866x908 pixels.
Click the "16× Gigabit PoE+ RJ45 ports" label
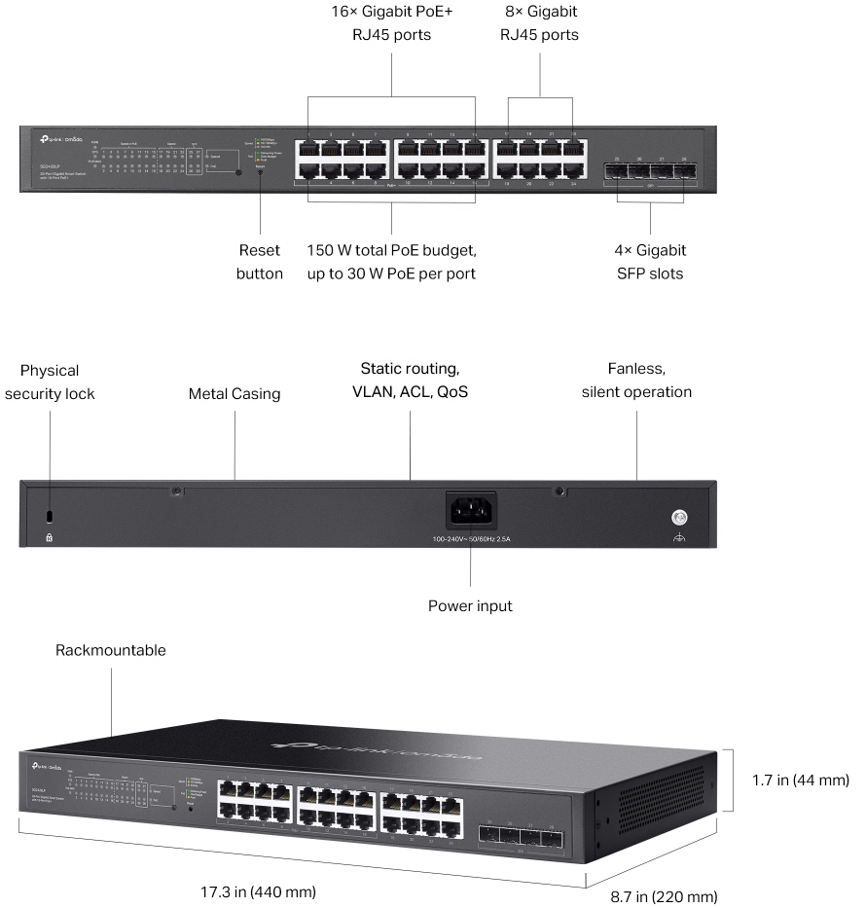[x=390, y=24]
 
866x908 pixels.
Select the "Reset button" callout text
[x=260, y=262]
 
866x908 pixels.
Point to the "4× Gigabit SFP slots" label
[x=650, y=262]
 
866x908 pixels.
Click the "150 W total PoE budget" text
[x=391, y=250]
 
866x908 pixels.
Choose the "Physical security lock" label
[x=50, y=381]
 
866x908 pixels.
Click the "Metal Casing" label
[x=235, y=394]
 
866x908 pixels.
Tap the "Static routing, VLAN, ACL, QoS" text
[x=410, y=381]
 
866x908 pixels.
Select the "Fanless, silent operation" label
[x=636, y=381]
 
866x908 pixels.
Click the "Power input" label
[x=470, y=606]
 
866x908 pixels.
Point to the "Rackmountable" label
[x=111, y=650]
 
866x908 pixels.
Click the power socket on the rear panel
[x=471, y=512]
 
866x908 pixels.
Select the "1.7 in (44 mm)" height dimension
[x=801, y=780]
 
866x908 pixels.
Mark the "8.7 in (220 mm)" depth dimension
[x=665, y=896]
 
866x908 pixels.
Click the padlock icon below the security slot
[x=51, y=536]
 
